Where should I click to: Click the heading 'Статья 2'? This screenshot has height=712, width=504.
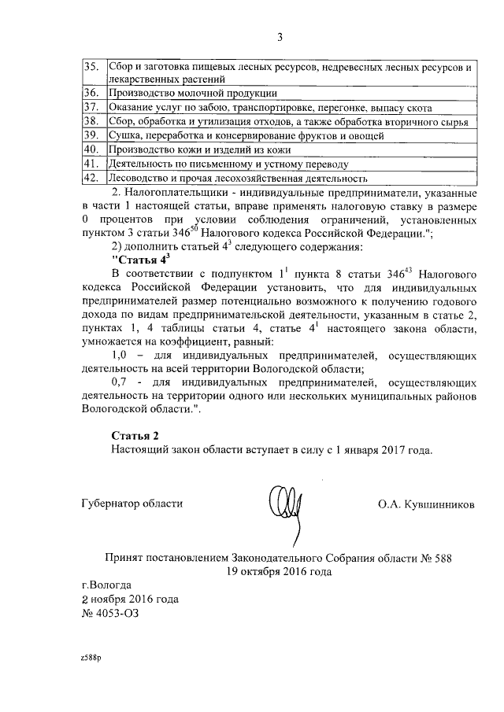coord(135,435)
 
